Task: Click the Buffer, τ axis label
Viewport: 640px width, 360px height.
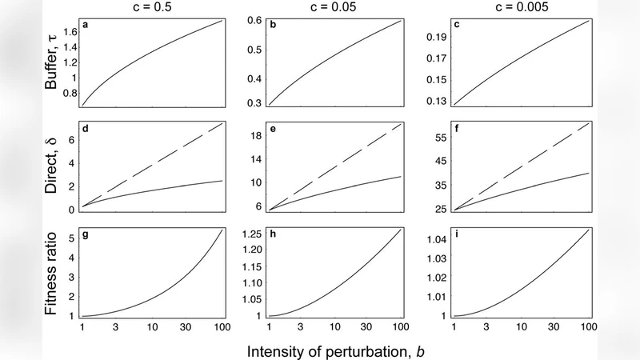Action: (x=54, y=62)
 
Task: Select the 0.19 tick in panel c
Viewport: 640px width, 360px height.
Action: (x=441, y=37)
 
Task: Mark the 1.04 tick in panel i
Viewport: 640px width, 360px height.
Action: (x=441, y=240)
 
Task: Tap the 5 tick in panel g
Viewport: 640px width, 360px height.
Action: (x=71, y=238)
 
